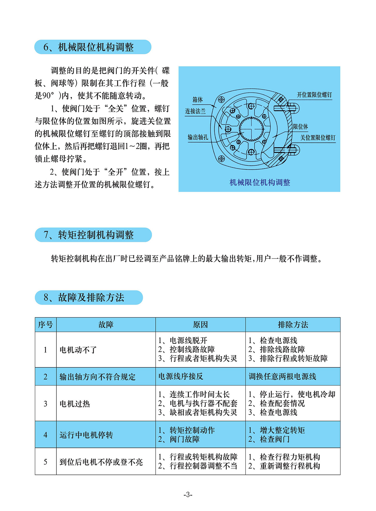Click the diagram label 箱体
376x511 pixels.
click(197, 99)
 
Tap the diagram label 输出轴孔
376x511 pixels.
click(198, 137)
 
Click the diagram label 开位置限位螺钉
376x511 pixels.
click(314, 95)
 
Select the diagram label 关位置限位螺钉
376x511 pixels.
click(317, 138)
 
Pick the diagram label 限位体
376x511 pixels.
click(300, 127)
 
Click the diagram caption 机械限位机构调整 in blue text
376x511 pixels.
click(260, 183)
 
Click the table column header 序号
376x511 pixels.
click(45, 325)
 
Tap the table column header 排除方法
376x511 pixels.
click(293, 325)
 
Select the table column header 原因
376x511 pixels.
click(200, 325)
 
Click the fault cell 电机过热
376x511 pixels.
click(75, 404)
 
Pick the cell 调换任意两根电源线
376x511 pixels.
click(282, 376)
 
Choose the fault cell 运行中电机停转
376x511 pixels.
click(86, 435)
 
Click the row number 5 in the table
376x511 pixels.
click(45, 462)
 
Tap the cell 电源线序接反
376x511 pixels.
click(180, 376)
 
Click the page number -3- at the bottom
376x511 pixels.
click(188, 495)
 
